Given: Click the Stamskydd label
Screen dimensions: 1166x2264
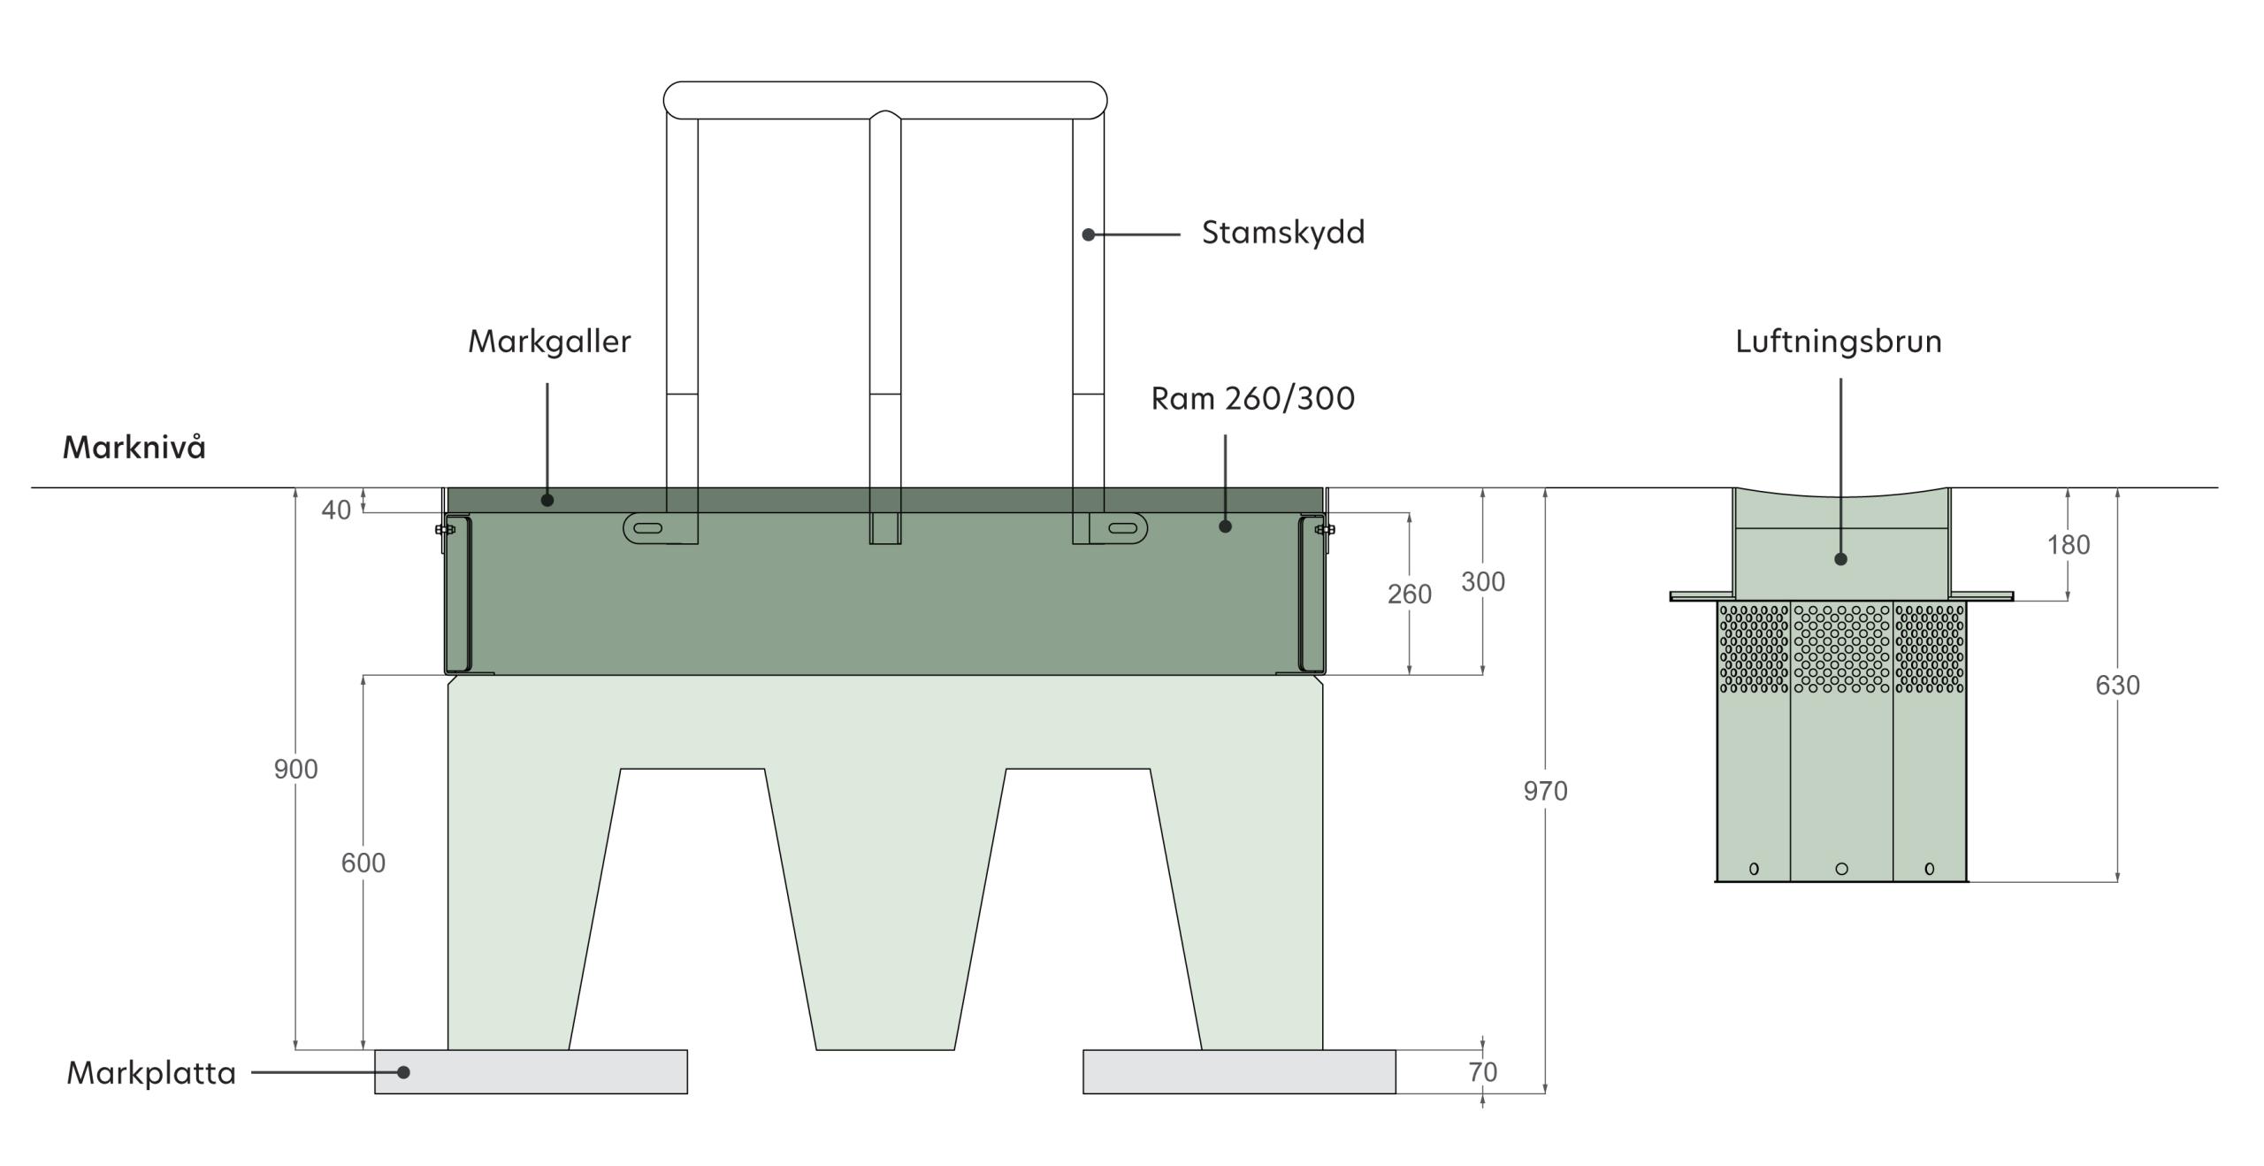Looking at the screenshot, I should point(1282,233).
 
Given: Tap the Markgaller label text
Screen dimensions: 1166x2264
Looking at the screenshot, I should point(549,341).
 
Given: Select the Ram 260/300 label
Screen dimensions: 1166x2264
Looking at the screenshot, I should point(1252,399).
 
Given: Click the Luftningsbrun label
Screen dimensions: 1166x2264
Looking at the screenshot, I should point(1838,341).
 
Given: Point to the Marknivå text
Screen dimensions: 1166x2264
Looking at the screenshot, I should point(134,448).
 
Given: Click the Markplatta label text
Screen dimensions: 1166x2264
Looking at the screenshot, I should point(151,1073).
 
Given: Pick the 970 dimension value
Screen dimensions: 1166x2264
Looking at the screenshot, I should point(1545,791).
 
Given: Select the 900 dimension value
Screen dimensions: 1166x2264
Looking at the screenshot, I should point(295,770).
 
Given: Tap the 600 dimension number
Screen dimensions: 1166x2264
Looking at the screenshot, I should point(363,863).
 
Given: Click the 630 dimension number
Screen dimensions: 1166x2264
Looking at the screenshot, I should point(2117,686).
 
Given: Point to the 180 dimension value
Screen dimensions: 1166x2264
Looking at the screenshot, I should point(2069,545).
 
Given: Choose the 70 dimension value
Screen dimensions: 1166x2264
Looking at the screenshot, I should point(1482,1072).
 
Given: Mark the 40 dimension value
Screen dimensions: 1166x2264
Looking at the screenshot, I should point(336,510).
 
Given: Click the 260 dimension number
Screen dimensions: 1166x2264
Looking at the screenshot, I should point(1409,595).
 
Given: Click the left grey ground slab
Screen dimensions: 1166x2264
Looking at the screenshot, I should point(531,1071).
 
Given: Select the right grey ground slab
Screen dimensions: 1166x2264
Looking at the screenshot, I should point(1239,1071).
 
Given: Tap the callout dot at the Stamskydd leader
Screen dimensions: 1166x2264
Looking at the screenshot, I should point(1089,234).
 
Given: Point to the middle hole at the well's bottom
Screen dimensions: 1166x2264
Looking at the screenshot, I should point(1841,869).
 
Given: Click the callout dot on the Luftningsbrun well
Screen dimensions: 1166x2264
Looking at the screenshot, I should point(1840,559).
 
